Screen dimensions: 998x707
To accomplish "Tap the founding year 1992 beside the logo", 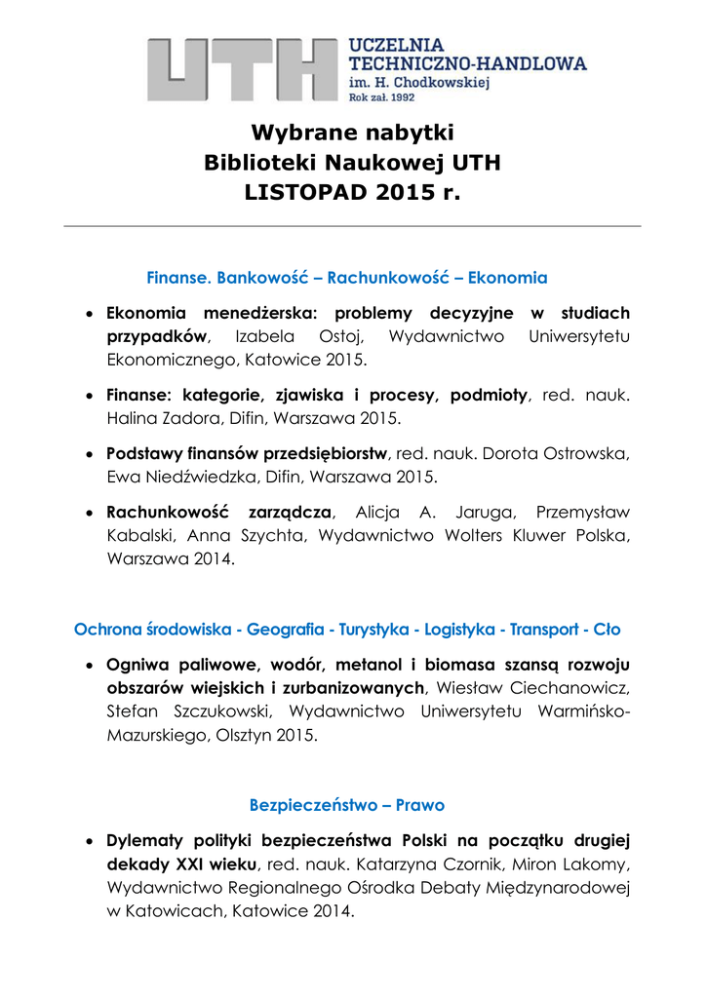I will click(399, 98).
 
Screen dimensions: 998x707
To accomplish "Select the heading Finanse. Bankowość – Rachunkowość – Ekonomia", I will click(346, 278).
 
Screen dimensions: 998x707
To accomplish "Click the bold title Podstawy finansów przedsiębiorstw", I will click(248, 454).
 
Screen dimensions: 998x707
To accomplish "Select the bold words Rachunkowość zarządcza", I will click(219, 513).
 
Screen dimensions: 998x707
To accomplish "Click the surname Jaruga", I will click(472, 513).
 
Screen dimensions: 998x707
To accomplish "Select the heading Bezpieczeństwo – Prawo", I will click(346, 806).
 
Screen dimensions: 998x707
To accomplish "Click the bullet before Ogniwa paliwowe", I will click(89, 665).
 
